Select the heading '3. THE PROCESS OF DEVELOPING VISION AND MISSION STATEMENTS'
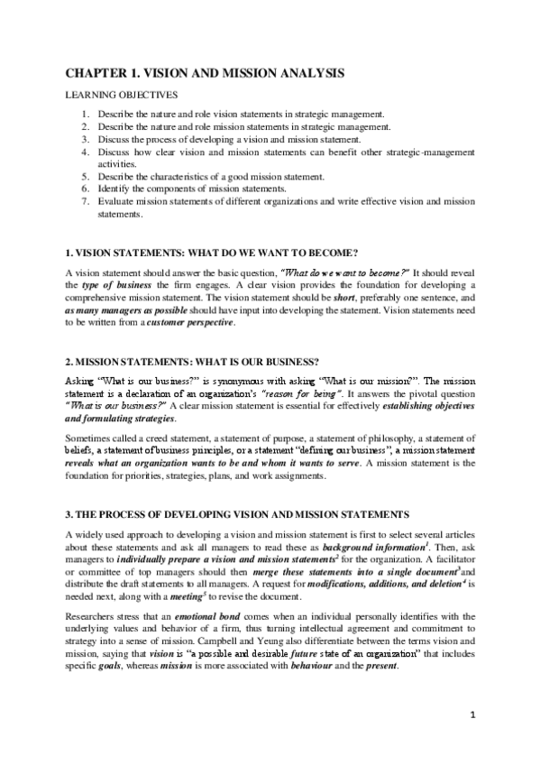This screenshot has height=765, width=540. tap(238, 514)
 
